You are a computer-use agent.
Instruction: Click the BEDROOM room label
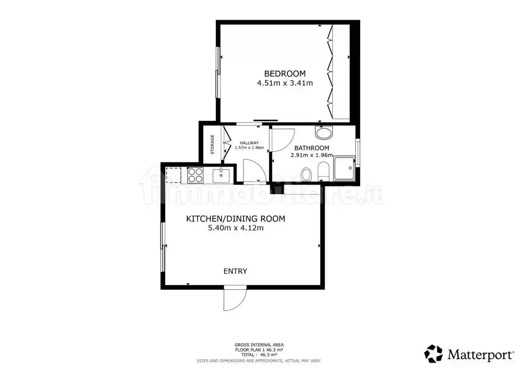click(x=285, y=74)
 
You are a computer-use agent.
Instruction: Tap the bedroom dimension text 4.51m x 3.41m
click(x=285, y=83)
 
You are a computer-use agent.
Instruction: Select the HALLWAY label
click(x=249, y=143)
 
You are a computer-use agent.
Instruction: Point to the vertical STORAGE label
click(x=212, y=144)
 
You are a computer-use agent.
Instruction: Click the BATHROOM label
click(x=312, y=148)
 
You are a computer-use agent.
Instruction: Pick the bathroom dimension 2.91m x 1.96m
click(x=312, y=155)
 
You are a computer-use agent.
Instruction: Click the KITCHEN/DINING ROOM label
click(x=236, y=219)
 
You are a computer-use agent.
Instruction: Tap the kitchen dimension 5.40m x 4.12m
click(x=236, y=228)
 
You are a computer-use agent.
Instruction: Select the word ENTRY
click(x=235, y=271)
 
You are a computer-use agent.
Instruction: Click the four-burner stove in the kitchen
click(x=195, y=175)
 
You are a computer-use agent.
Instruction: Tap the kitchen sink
click(x=221, y=175)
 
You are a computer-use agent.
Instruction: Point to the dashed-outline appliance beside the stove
click(x=173, y=175)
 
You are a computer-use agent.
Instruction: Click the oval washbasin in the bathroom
click(x=324, y=133)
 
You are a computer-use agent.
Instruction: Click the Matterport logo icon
click(x=433, y=354)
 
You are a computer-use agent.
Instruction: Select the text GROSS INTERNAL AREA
click(x=259, y=345)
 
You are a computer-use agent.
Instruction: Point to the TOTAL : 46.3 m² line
click(x=259, y=355)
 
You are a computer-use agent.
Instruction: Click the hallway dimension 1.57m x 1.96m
click(x=249, y=148)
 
